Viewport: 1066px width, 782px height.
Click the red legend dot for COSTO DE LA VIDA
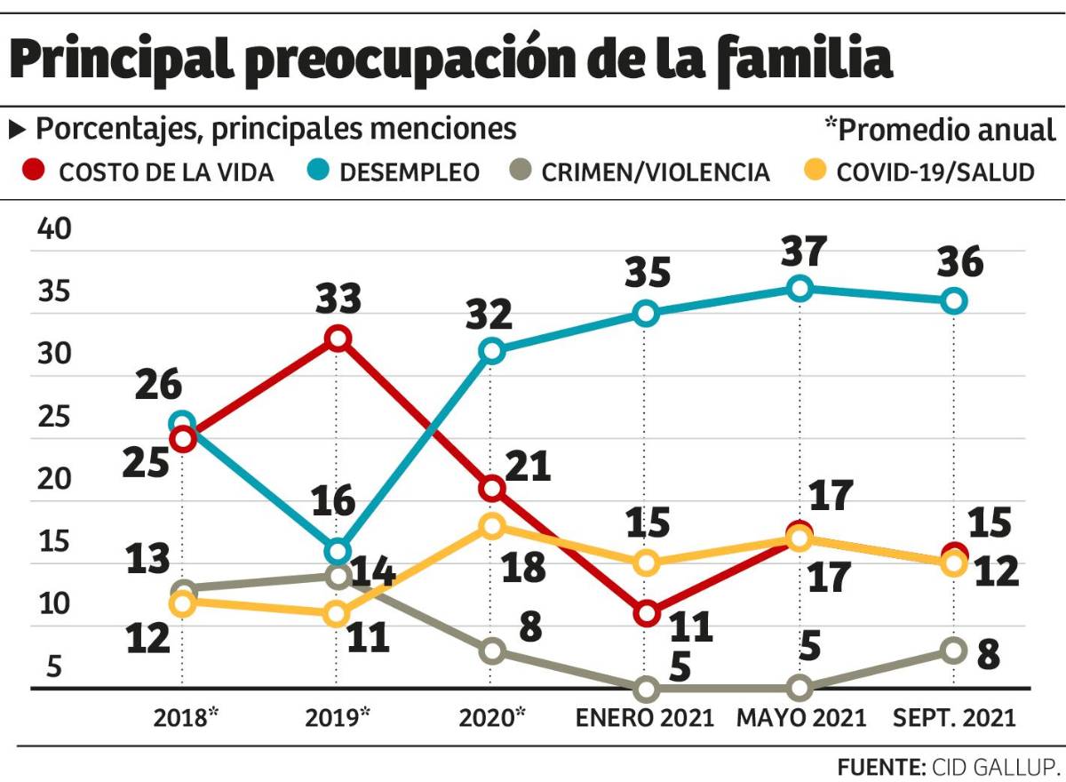coord(34,171)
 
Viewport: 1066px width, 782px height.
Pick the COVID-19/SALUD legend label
coord(936,172)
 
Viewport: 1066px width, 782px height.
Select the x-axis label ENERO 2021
coord(646,717)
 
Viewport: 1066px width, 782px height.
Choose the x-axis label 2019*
coord(338,717)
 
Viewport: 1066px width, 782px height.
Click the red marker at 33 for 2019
coord(338,338)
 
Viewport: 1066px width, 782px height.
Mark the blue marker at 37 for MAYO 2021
coord(800,288)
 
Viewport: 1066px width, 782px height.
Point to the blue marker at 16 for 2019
coord(338,551)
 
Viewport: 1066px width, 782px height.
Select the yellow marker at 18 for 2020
coord(492,526)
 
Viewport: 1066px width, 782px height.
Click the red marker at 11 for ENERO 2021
coord(647,613)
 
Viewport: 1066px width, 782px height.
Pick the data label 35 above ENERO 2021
coord(647,273)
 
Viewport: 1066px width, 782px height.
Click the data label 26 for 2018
coord(159,387)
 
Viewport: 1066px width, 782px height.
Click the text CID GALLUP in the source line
coord(993,766)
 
